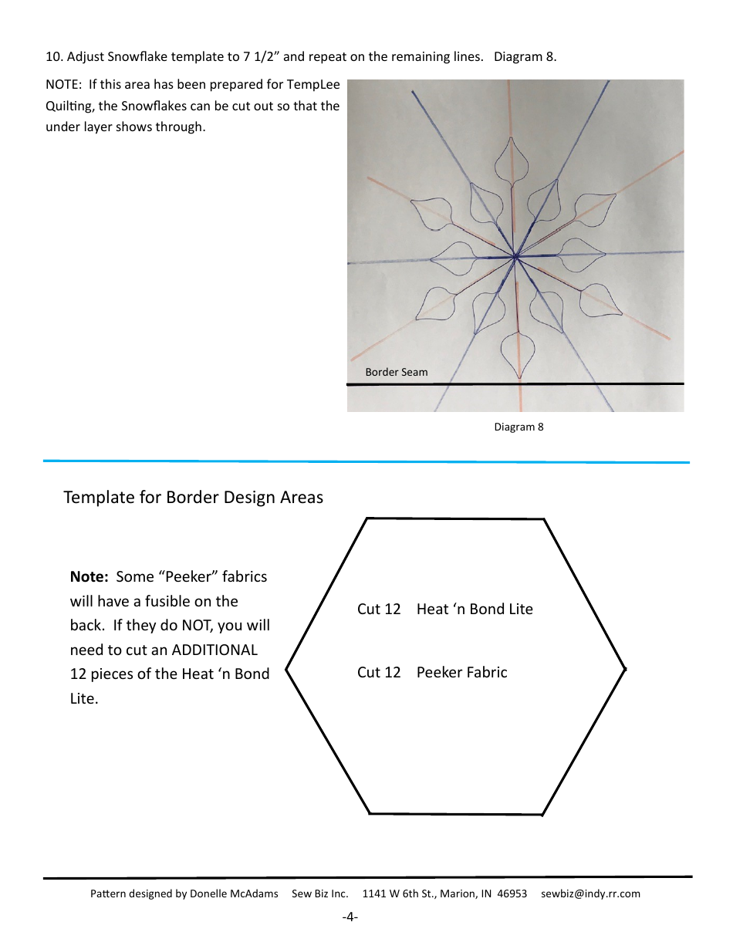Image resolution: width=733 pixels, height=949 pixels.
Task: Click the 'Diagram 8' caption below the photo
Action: point(519,427)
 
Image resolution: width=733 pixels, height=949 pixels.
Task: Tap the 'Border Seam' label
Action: point(396,372)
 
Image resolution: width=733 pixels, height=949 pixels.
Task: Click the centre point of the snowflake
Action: point(515,256)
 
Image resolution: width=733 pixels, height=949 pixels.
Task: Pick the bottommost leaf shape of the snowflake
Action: point(519,353)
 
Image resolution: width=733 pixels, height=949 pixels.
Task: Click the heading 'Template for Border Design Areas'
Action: point(193,497)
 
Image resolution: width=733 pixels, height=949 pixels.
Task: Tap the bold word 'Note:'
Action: point(90,576)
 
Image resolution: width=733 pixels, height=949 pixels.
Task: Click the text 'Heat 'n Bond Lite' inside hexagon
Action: point(475,609)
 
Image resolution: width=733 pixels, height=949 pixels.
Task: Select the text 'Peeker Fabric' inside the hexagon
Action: point(461,672)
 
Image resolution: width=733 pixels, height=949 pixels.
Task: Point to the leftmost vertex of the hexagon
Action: point(287,669)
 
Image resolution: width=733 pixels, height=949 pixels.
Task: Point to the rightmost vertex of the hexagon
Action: point(624,669)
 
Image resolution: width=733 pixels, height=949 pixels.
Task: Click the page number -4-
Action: point(350,917)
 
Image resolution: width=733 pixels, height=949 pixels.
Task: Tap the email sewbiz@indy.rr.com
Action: point(590,893)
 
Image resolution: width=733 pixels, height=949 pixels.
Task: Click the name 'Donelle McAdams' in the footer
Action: point(234,893)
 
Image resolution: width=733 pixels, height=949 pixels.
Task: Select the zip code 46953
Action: point(512,893)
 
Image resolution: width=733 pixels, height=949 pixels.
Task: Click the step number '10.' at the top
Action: point(54,57)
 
